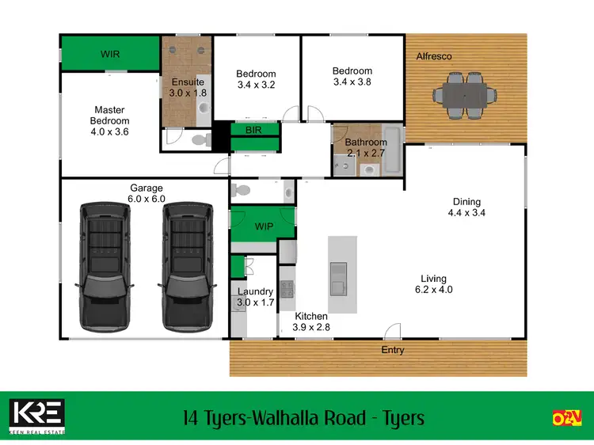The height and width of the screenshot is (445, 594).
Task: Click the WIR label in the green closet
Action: (x=110, y=55)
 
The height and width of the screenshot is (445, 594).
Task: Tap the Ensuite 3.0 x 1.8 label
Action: (x=187, y=87)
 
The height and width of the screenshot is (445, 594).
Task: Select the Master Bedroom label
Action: (x=110, y=121)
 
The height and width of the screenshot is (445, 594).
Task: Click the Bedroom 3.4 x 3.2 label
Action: (x=256, y=80)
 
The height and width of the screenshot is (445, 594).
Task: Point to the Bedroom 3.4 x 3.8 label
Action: (x=352, y=76)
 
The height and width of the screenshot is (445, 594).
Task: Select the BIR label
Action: (x=254, y=129)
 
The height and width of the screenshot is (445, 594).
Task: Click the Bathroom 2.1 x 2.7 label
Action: (x=366, y=147)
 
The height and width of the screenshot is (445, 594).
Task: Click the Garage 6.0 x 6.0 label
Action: (x=147, y=193)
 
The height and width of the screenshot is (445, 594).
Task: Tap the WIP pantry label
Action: (x=264, y=226)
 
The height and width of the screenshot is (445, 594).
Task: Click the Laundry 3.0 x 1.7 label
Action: (x=256, y=297)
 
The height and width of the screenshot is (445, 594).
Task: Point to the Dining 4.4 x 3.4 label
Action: (x=466, y=207)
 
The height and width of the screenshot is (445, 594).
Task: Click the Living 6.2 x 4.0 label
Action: (x=433, y=283)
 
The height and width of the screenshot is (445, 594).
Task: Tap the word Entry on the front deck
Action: (x=393, y=350)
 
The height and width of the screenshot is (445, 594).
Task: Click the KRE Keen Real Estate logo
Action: (x=37, y=416)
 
